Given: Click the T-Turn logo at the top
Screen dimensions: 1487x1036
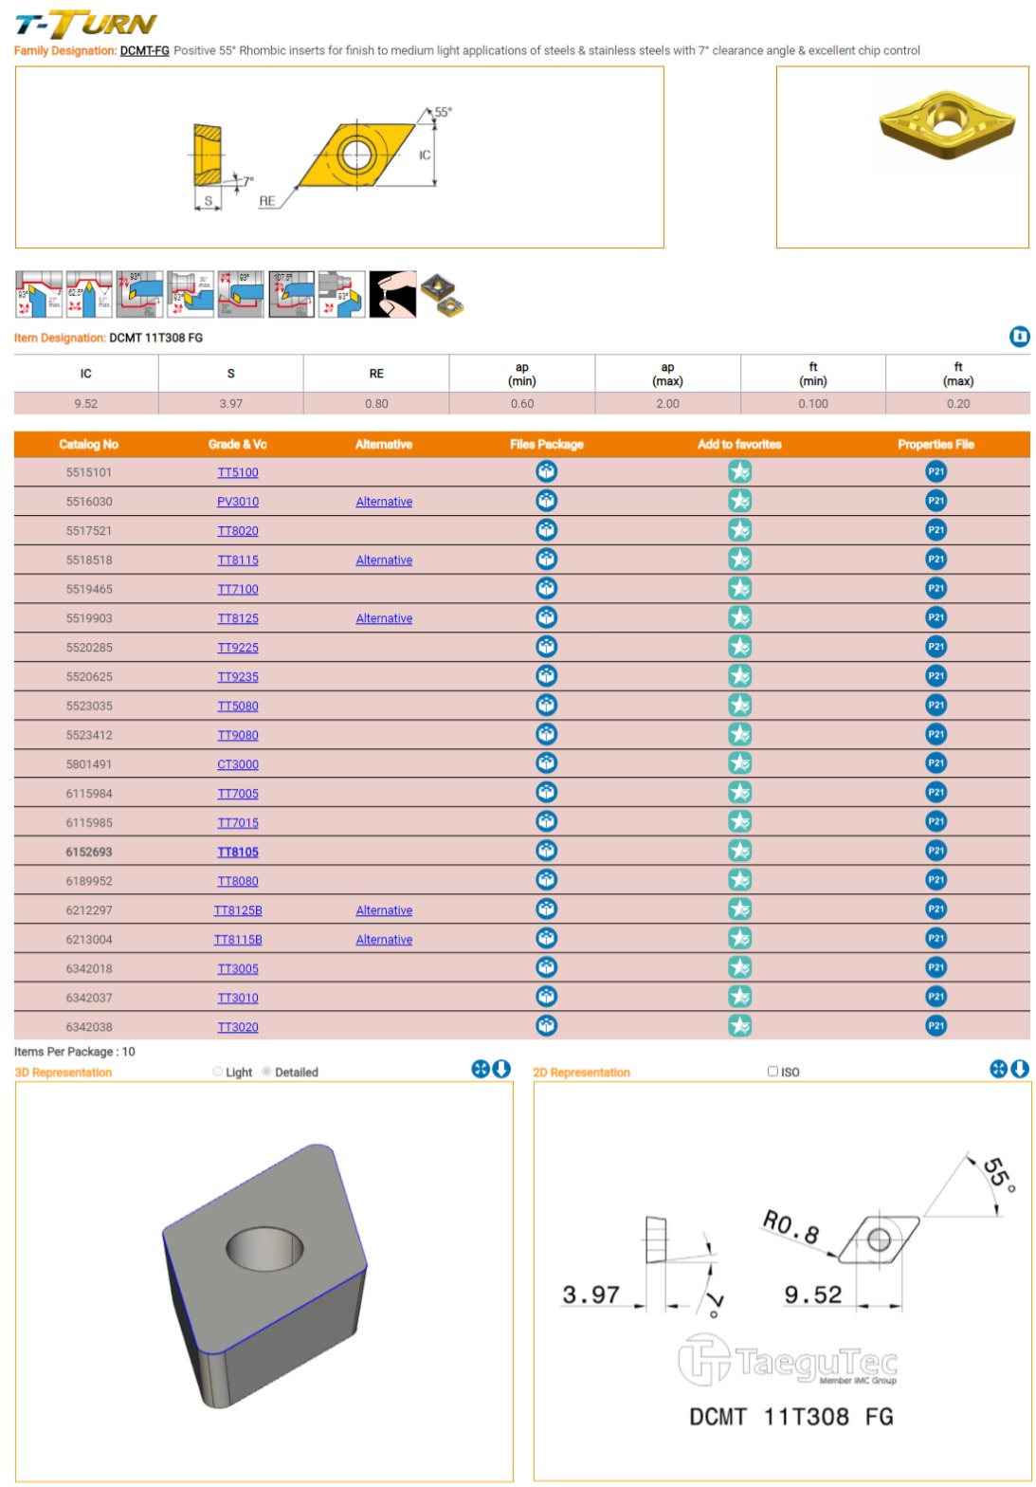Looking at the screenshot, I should point(85,24).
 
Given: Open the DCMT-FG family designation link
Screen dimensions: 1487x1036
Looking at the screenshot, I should point(144,51).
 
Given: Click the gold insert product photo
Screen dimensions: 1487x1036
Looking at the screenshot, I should point(946,125).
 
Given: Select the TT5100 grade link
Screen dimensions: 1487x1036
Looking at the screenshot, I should point(238,473).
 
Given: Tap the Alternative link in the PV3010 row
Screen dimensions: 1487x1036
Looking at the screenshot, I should point(384,503).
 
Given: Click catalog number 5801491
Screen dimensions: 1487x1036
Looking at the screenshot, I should point(89,764).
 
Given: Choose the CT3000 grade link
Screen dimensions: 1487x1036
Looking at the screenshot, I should point(238,764).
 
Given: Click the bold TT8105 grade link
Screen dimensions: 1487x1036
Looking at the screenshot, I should point(238,853).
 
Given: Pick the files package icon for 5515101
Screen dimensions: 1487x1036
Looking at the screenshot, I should point(547,472).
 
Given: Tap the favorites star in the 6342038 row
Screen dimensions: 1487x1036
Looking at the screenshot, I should point(740,1026).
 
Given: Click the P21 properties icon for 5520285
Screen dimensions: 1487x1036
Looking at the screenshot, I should point(936,647).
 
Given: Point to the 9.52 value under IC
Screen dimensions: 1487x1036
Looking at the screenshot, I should point(86,404).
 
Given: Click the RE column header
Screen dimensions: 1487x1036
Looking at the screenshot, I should point(376,374).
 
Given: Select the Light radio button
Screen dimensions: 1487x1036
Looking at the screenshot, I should point(218,1072).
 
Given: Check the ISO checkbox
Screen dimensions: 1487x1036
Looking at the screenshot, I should point(772,1072).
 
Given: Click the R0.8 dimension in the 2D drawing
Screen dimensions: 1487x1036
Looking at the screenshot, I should point(791,1226).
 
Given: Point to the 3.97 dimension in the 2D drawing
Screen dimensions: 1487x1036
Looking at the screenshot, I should point(591,1295).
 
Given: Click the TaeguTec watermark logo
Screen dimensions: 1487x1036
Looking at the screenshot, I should point(788,1361).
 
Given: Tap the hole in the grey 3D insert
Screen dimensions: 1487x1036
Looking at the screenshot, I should point(265,1247).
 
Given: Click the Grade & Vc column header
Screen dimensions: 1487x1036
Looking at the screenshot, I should point(238,445).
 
